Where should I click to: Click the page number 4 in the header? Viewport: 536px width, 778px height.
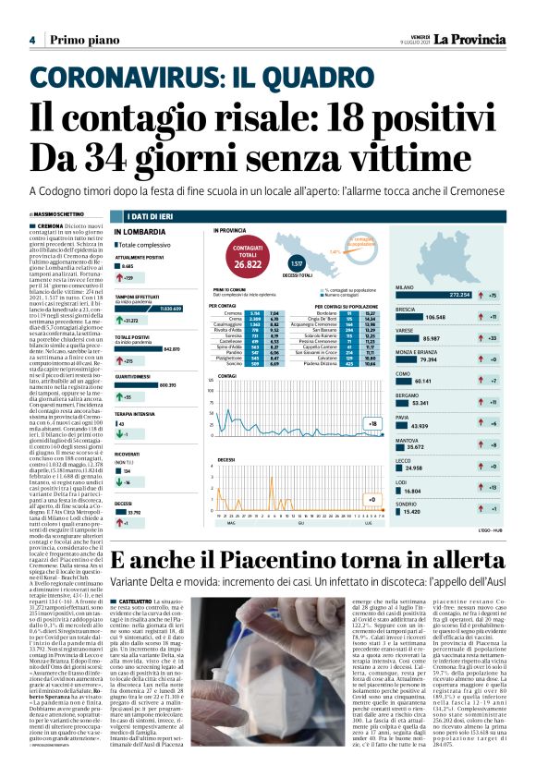pyautogui.click(x=32, y=40)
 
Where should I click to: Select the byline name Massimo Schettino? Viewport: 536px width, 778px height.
pyautogui.click(x=61, y=214)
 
